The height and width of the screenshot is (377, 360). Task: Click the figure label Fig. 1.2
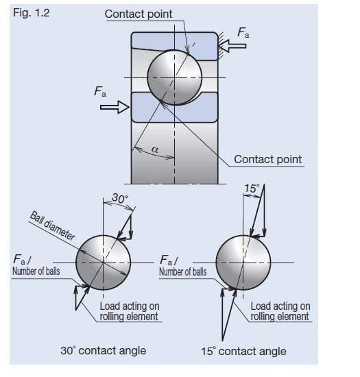pyautogui.click(x=32, y=13)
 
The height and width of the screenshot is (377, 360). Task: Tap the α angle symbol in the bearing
pyautogui.click(x=155, y=149)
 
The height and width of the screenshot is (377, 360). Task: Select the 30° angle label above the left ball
pyautogui.click(x=119, y=198)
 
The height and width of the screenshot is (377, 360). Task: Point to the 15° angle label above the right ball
pyautogui.click(x=252, y=188)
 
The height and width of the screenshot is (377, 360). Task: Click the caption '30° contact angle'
pyautogui.click(x=103, y=350)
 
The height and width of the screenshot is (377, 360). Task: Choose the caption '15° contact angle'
pyautogui.click(x=243, y=351)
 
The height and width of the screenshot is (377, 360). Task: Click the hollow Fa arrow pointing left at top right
pyautogui.click(x=232, y=45)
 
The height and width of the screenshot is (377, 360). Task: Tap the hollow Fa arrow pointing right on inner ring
pyautogui.click(x=115, y=107)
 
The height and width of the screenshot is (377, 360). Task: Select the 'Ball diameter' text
pyautogui.click(x=52, y=226)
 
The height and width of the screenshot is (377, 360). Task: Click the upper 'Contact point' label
pyautogui.click(x=139, y=14)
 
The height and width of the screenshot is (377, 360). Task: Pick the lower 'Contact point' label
pyautogui.click(x=267, y=159)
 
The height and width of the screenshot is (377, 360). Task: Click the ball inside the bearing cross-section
pyautogui.click(x=175, y=77)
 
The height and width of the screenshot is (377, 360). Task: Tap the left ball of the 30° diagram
pyautogui.click(x=103, y=263)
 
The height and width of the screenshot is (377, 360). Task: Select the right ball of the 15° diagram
pyautogui.click(x=243, y=263)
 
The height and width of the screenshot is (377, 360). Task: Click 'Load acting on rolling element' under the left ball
pyautogui.click(x=130, y=311)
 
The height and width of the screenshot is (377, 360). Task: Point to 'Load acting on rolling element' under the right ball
pyautogui.click(x=280, y=311)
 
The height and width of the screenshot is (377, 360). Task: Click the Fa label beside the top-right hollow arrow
pyautogui.click(x=243, y=32)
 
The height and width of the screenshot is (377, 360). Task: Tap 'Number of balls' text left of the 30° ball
pyautogui.click(x=36, y=271)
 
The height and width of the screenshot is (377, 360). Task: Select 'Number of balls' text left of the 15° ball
pyautogui.click(x=183, y=272)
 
